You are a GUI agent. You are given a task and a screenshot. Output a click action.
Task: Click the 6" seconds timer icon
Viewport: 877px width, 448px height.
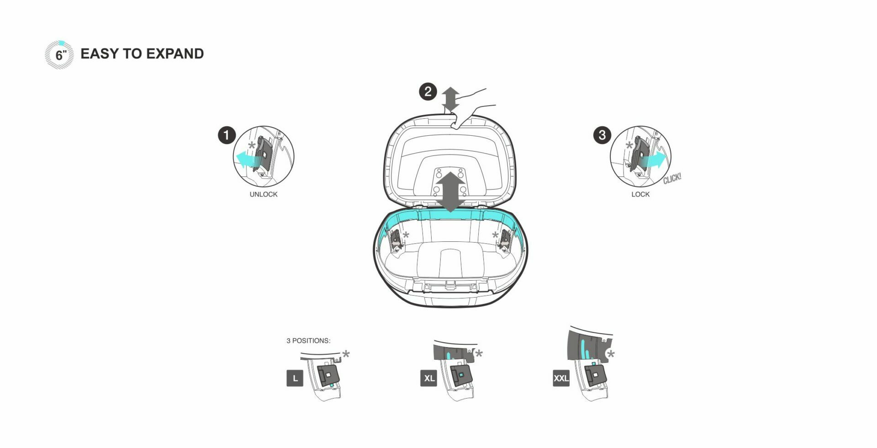[59, 55]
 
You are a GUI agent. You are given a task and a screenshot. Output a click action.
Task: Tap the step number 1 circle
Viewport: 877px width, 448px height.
[227, 135]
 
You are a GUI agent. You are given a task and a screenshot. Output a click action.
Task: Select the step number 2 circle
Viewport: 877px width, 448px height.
[428, 91]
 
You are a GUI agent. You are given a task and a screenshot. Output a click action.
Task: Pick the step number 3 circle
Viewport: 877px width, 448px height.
[602, 135]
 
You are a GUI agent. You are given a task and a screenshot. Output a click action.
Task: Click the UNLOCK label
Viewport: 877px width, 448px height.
[264, 194]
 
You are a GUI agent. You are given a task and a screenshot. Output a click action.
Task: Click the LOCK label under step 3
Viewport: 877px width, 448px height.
[640, 194]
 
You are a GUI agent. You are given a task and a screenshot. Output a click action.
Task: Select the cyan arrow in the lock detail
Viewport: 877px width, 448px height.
[654, 160]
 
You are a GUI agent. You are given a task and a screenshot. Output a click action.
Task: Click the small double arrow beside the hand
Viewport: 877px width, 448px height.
[451, 99]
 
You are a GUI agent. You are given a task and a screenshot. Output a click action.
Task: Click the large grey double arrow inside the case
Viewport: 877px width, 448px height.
[451, 192]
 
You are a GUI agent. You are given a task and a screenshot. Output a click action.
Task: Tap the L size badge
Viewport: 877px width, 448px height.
[295, 379]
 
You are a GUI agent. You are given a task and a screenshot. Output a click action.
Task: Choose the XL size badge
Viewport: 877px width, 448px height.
[429, 379]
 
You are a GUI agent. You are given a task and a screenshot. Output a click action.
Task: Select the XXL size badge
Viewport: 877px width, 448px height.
[561, 379]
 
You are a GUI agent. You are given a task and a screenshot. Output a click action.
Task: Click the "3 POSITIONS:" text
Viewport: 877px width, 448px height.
[308, 341]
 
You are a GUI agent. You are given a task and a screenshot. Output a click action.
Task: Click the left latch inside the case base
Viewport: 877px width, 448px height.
[396, 240]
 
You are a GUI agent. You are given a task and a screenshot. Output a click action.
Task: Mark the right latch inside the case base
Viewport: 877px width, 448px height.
[505, 240]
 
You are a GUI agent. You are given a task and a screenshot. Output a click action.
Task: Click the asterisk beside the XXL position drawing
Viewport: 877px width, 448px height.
[611, 354]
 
